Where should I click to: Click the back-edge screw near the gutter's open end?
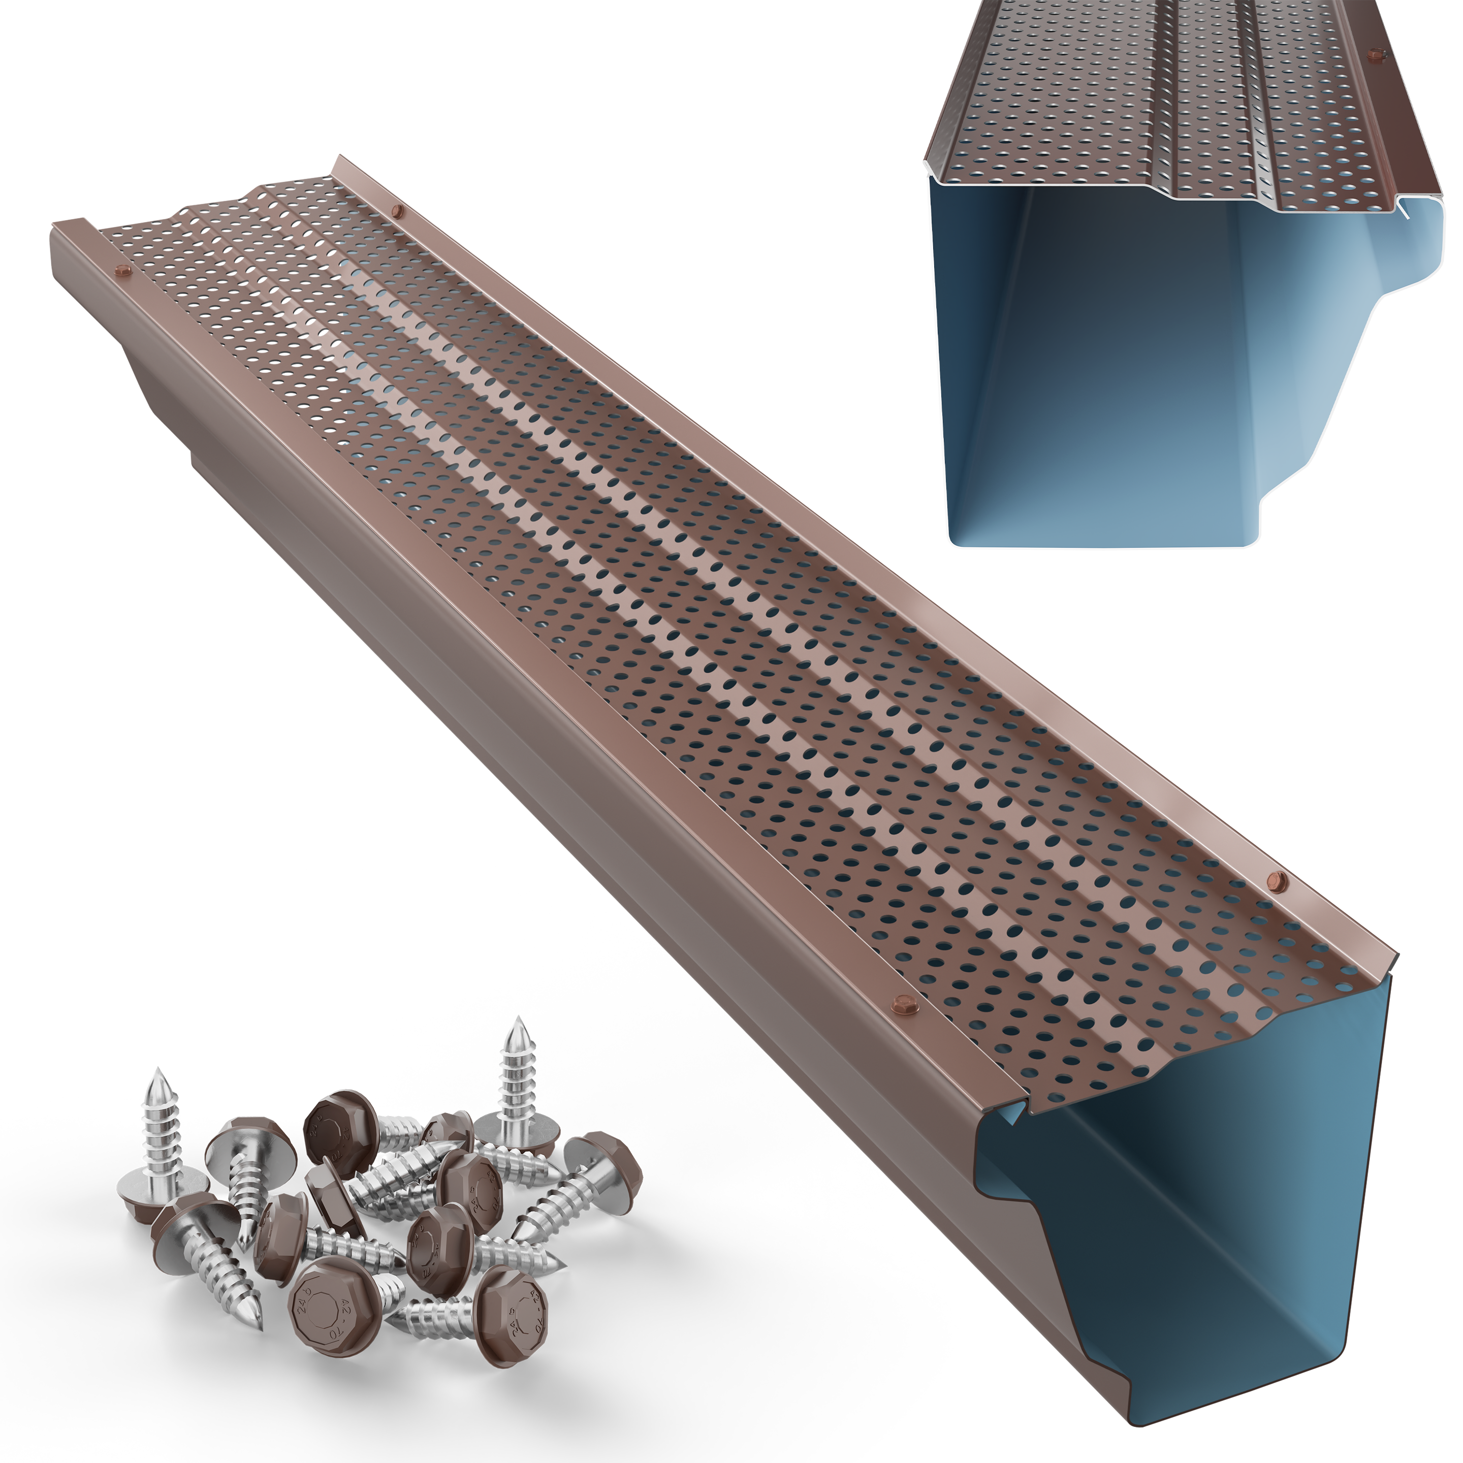1277,880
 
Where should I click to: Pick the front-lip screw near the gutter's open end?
904,1005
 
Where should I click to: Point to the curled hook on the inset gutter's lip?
1403,208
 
